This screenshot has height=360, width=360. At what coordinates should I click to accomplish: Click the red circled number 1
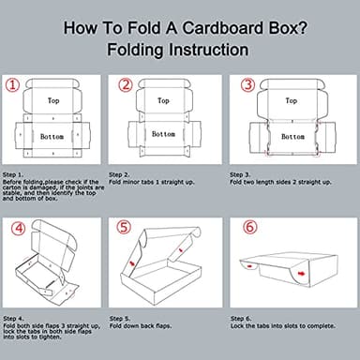11,85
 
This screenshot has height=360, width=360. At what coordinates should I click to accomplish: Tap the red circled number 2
127,85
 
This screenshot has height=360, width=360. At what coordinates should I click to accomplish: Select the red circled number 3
248,85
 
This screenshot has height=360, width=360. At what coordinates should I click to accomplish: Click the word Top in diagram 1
53,99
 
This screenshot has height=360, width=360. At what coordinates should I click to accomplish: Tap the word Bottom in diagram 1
52,137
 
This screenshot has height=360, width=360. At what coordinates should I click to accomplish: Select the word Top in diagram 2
163,99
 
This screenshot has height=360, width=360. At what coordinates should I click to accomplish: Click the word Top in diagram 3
291,99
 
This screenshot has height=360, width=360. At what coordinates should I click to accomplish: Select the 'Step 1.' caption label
15,174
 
